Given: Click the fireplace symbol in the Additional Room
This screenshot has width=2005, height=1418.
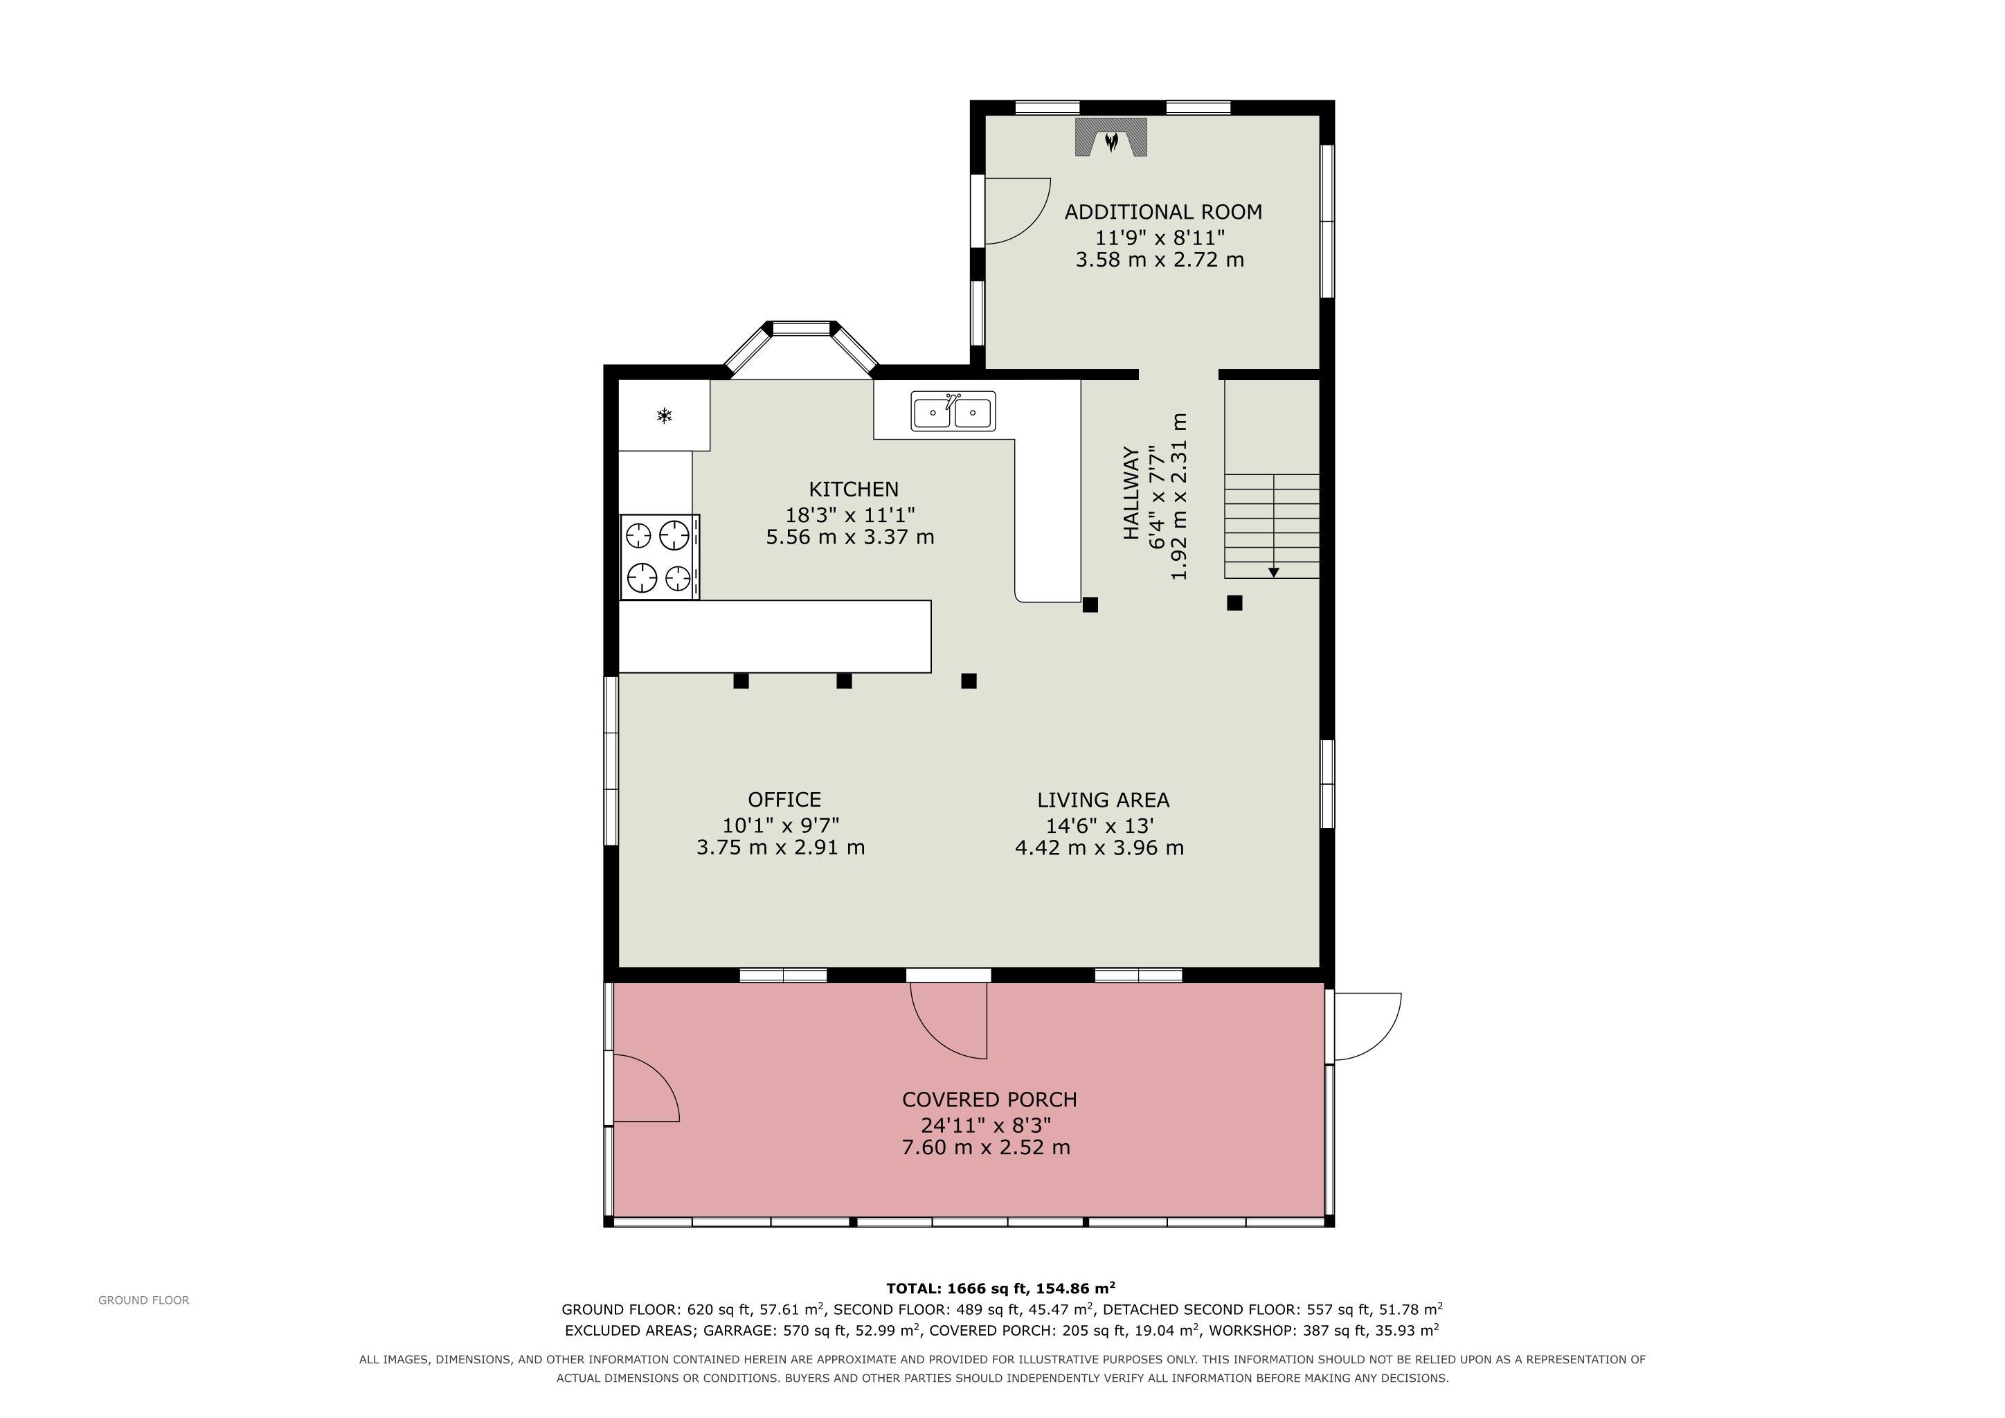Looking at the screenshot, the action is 1110,138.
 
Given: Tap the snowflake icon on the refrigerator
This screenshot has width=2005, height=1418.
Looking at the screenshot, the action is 665,415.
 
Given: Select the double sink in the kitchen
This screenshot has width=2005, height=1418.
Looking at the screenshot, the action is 953,411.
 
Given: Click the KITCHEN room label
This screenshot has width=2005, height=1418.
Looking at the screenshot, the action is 853,489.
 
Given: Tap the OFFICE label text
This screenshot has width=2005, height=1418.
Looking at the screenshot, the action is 784,800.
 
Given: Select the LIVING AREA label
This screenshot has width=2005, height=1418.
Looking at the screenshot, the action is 1103,800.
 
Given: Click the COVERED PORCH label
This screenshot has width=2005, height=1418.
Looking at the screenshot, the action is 989,1100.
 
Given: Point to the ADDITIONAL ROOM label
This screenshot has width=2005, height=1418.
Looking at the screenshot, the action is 1163,212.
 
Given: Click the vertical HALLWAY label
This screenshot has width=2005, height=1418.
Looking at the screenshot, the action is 1131,494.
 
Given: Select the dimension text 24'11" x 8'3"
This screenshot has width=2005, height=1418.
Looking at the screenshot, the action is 986,1124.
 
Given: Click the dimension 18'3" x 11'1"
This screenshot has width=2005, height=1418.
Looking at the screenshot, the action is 851,514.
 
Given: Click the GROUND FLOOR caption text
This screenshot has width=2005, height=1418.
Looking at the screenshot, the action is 144,1300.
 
